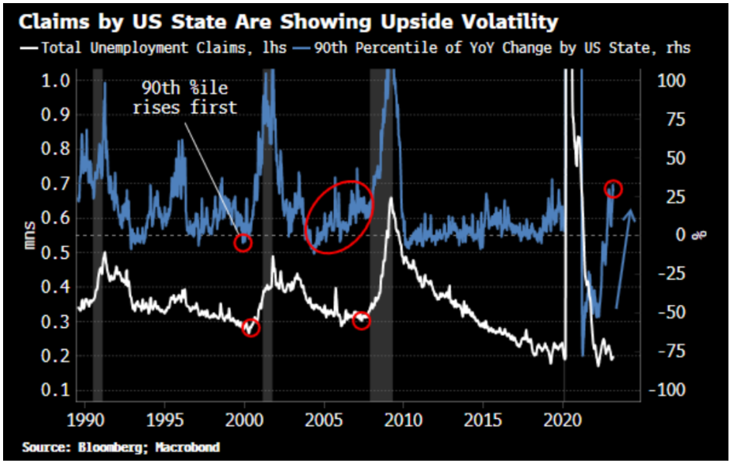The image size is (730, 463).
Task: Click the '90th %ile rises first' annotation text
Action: pos(184,98)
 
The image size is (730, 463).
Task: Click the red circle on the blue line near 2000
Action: pos(244,243)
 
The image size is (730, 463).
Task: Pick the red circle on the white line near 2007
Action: pos(362,320)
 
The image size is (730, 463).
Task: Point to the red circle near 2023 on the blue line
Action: pos(614,189)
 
